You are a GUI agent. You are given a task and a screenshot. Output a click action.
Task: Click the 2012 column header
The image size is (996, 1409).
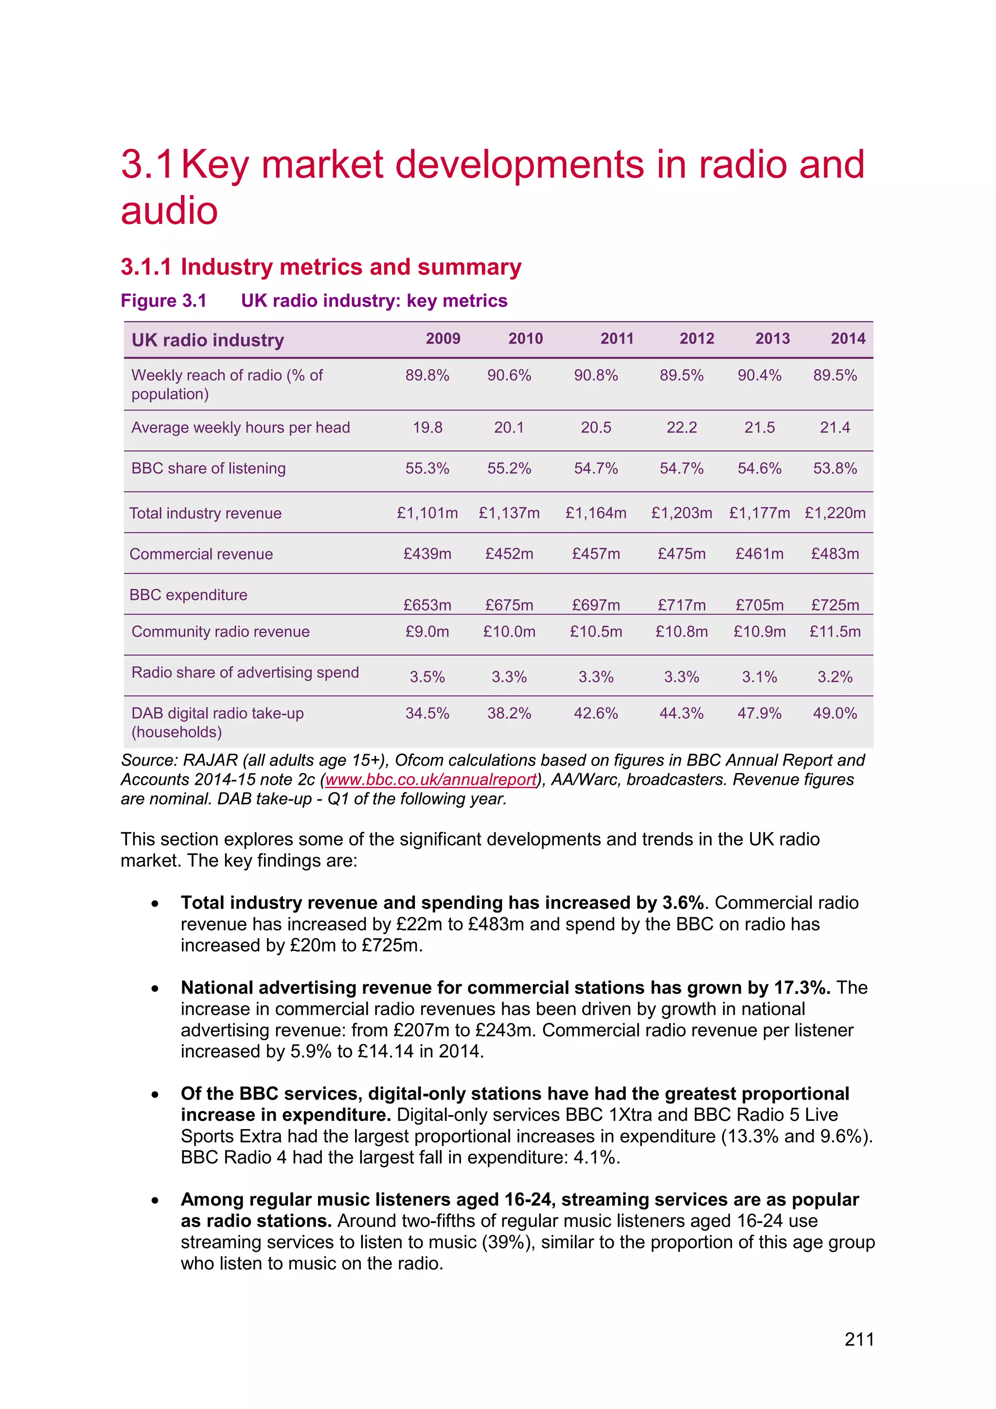[697, 338]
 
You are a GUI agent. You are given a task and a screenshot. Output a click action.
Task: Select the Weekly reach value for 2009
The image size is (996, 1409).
[427, 375]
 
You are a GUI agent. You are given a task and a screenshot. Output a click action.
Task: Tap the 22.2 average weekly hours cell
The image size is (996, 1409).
[681, 427]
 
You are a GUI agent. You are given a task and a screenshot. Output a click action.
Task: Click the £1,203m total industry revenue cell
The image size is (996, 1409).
[681, 512]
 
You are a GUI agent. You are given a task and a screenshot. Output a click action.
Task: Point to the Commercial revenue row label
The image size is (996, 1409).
[201, 554]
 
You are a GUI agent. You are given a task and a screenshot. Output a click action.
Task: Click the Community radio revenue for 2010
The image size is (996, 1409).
[509, 632]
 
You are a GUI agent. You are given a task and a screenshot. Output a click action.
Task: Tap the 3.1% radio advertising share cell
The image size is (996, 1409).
[759, 676]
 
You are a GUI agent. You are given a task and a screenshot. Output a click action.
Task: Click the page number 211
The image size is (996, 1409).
[859, 1338]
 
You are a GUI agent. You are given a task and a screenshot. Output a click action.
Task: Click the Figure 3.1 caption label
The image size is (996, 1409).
[164, 301]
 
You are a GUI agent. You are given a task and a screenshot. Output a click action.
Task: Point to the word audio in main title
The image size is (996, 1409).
[169, 211]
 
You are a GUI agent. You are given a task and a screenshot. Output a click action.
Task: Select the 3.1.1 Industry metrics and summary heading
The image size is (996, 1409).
[321, 267]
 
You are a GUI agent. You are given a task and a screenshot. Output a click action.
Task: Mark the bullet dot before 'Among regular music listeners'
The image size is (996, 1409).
[155, 1200]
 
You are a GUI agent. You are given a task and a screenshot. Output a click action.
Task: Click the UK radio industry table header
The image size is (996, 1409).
[208, 340]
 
